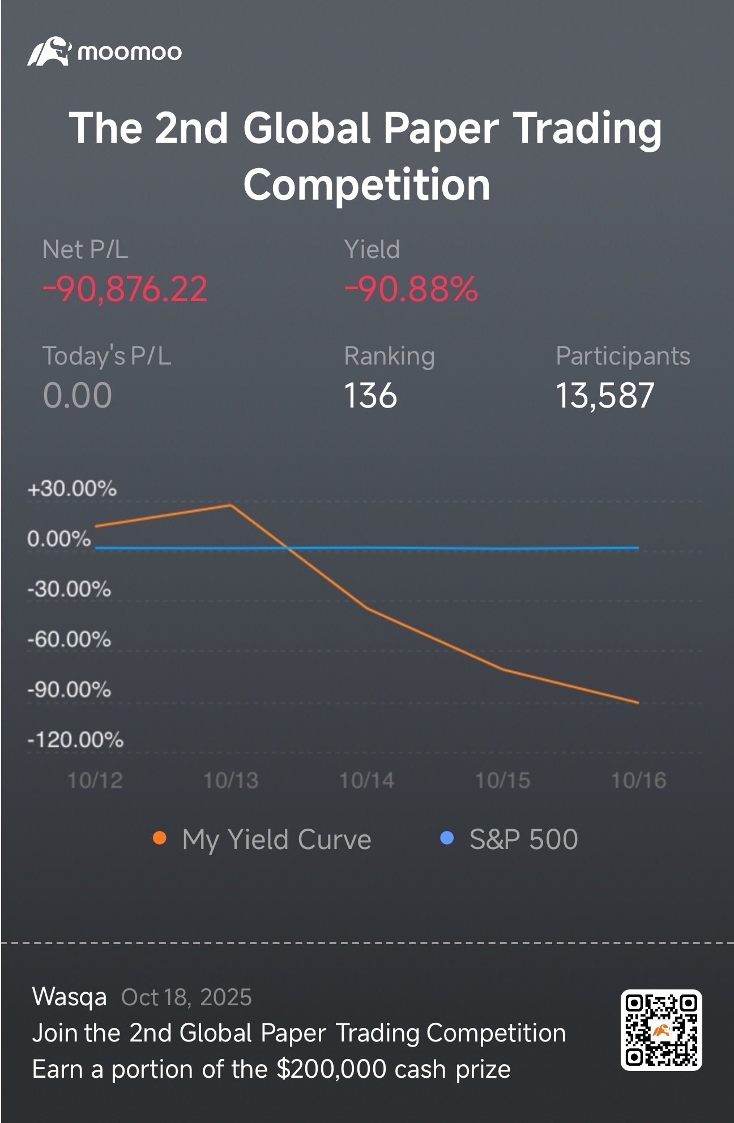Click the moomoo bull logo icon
pyautogui.click(x=49, y=52)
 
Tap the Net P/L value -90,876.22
pyautogui.click(x=125, y=289)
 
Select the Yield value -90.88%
pyautogui.click(x=411, y=289)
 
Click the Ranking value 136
pyautogui.click(x=370, y=395)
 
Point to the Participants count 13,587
pyautogui.click(x=605, y=395)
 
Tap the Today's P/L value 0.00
pyautogui.click(x=78, y=395)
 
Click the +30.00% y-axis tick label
pyautogui.click(x=72, y=488)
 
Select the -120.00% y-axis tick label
pyautogui.click(x=75, y=740)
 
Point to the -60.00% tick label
pyautogui.click(x=69, y=640)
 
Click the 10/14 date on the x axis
pyautogui.click(x=366, y=781)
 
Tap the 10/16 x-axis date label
pyautogui.click(x=638, y=781)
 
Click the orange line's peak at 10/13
pyautogui.click(x=231, y=504)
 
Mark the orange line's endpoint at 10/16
pyautogui.click(x=638, y=702)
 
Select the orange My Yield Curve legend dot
pyautogui.click(x=160, y=838)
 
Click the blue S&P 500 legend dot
pyautogui.click(x=447, y=838)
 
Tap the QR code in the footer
pyautogui.click(x=661, y=1030)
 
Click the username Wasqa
pyautogui.click(x=69, y=997)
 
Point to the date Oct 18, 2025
pyautogui.click(x=186, y=997)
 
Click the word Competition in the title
pyautogui.click(x=367, y=185)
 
